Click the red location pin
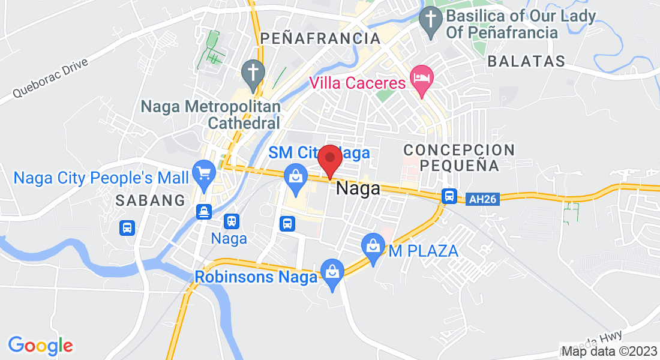(329, 160)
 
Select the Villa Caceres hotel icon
(421, 78)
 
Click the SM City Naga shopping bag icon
(295, 176)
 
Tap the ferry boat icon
(205, 212)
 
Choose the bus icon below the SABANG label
(127, 227)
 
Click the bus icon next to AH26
(449, 196)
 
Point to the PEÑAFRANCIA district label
(321, 38)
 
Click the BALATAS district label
(526, 61)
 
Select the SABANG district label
(150, 200)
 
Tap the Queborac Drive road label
(50, 79)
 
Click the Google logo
(40, 345)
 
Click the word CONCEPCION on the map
(459, 149)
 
